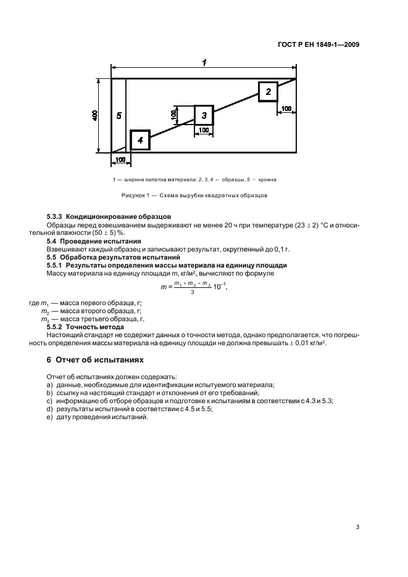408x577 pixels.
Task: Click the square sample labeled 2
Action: (268, 91)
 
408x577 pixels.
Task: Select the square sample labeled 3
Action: (204, 115)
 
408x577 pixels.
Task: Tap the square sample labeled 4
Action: (140, 141)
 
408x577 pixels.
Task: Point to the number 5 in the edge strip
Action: (119, 115)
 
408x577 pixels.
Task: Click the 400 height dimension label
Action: (95, 115)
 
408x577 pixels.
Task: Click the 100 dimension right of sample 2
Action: (286, 109)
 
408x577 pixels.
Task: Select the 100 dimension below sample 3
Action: (204, 130)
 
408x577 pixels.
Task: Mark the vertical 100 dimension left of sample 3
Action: (175, 115)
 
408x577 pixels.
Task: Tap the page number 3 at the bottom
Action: (357, 527)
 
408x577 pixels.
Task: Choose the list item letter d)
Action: (49, 409)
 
